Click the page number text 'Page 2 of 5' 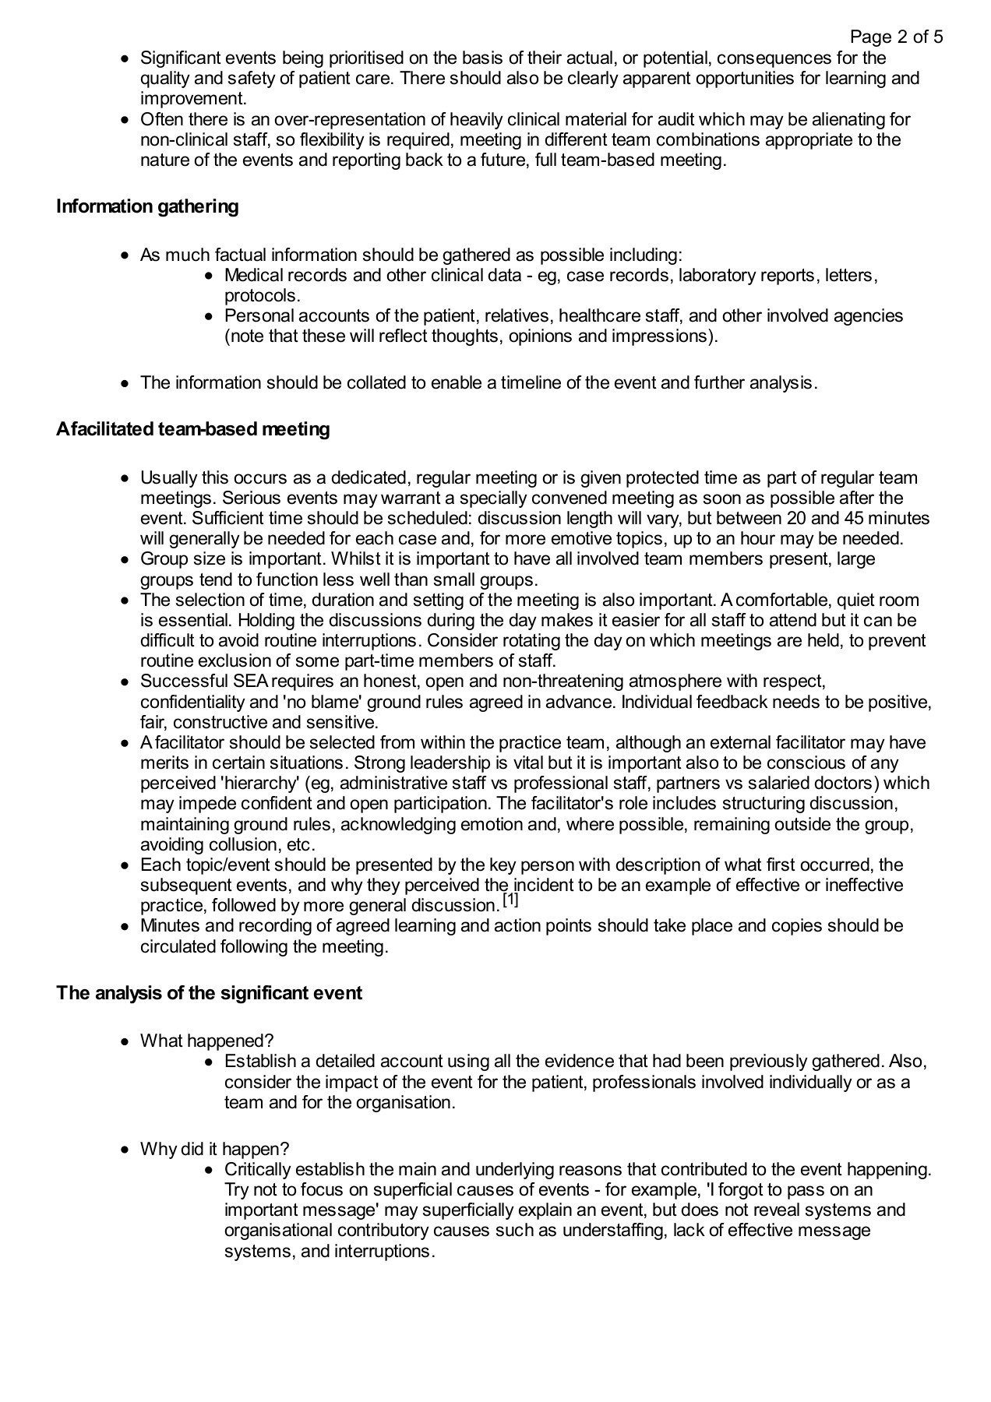click(x=896, y=37)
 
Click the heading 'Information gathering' click(x=147, y=206)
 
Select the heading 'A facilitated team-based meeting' click(x=192, y=429)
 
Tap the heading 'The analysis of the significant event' click(x=209, y=993)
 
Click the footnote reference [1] click(x=510, y=900)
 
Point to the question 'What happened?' click(x=206, y=1041)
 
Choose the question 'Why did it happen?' click(x=214, y=1149)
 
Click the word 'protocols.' click(x=262, y=296)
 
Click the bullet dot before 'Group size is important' click(x=125, y=559)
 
